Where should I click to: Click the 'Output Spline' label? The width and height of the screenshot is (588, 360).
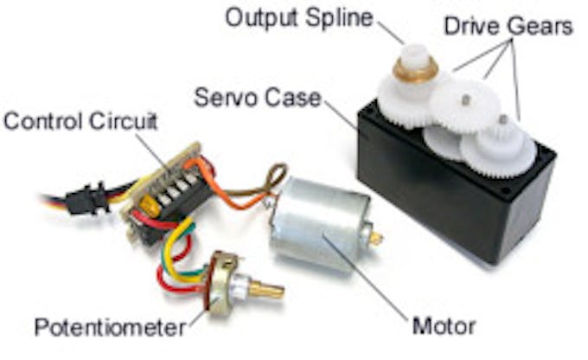click(x=299, y=17)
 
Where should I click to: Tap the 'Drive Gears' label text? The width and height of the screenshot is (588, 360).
click(x=508, y=26)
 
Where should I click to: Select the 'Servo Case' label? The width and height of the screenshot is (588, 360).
click(x=258, y=97)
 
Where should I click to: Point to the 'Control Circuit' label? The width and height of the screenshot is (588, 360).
click(x=80, y=121)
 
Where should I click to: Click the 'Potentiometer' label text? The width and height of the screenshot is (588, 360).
click(x=110, y=327)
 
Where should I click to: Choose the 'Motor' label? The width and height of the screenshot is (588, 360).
click(x=444, y=326)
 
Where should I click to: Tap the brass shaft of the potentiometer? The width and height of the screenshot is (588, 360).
click(x=266, y=289)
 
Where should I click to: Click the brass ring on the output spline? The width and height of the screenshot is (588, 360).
click(x=415, y=70)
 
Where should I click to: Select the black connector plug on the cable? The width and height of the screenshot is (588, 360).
click(x=87, y=198)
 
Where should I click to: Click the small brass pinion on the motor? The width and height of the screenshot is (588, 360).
click(x=376, y=238)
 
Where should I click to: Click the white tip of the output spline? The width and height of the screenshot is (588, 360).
click(x=414, y=55)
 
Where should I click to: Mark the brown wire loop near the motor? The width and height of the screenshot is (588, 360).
click(x=277, y=177)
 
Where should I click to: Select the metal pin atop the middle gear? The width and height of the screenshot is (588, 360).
click(x=466, y=100)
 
